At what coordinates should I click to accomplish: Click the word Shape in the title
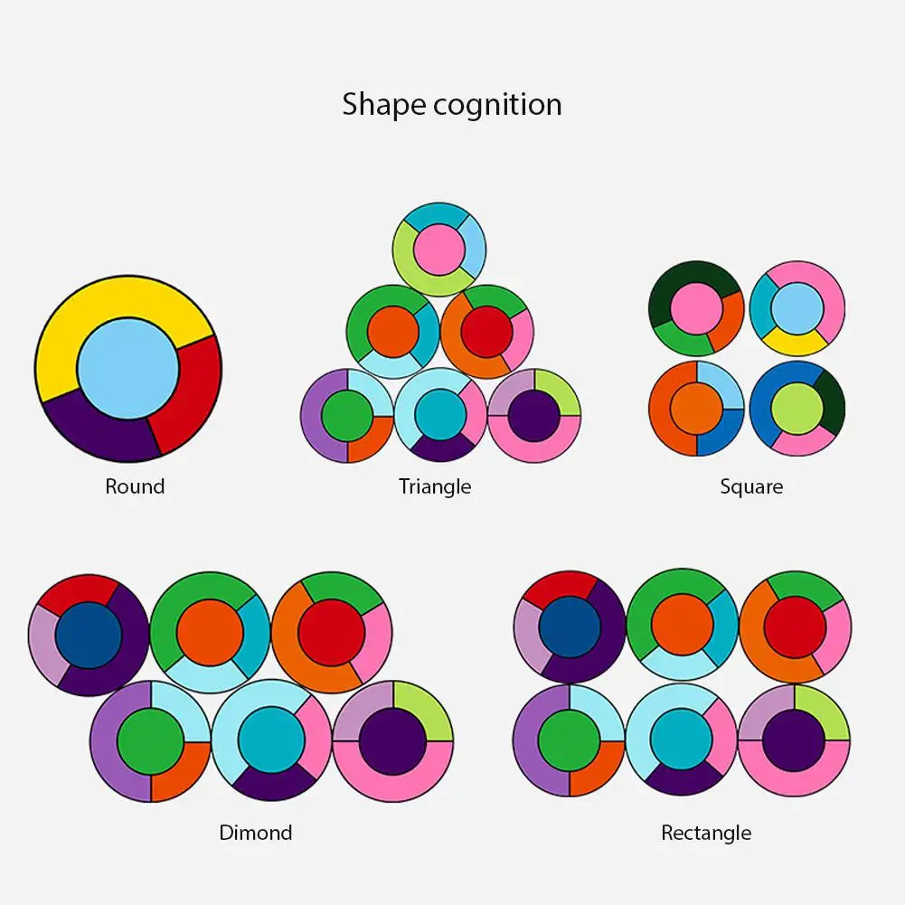pyautogui.click(x=384, y=105)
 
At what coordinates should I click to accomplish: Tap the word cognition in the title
pyautogui.click(x=497, y=105)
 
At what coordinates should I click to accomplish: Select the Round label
pyautogui.click(x=135, y=486)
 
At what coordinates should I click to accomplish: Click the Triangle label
pyautogui.click(x=435, y=486)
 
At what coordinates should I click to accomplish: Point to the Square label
pyautogui.click(x=751, y=486)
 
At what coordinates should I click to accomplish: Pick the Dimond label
pyautogui.click(x=256, y=833)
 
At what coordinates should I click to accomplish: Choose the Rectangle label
pyautogui.click(x=706, y=833)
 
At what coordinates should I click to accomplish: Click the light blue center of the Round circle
pyautogui.click(x=128, y=368)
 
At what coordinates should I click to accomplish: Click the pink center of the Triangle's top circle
pyautogui.click(x=439, y=250)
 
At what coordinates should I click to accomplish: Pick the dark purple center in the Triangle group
pyautogui.click(x=534, y=416)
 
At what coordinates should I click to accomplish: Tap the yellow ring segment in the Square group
pyautogui.click(x=796, y=344)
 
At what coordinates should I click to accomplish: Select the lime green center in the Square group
pyautogui.click(x=797, y=409)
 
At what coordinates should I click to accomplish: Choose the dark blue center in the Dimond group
pyautogui.click(x=89, y=636)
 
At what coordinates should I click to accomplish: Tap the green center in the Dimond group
pyautogui.click(x=151, y=741)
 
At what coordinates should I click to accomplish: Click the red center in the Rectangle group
pyautogui.click(x=795, y=627)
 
